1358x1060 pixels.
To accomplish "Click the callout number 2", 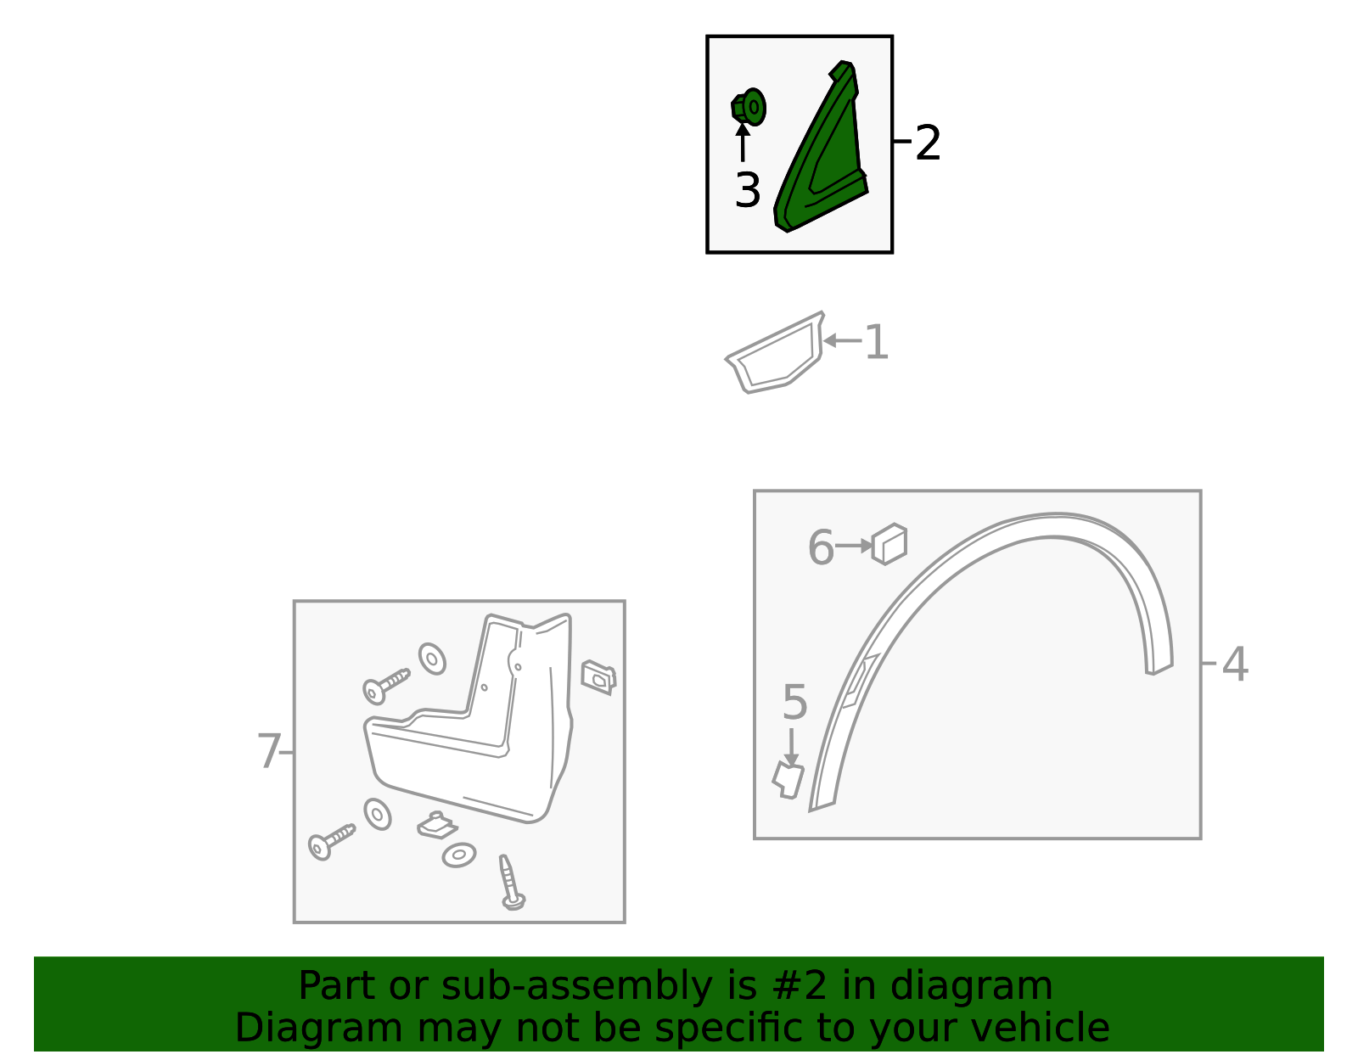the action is (928, 143).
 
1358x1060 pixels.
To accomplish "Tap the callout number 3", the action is (748, 190).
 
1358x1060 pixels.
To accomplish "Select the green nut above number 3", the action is (749, 107).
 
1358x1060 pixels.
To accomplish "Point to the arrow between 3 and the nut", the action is (743, 143).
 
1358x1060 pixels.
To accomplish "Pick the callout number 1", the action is (876, 342).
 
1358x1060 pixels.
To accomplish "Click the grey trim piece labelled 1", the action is (775, 353).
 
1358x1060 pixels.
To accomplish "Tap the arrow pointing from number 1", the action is (843, 340).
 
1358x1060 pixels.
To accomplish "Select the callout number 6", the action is (821, 547).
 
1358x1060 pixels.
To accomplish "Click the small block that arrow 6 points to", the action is (889, 543).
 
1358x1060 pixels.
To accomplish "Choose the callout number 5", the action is (795, 702).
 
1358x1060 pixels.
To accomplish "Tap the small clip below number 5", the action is (788, 780).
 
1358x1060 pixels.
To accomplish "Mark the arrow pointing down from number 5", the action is (791, 747).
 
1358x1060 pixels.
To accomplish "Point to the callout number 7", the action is (269, 750).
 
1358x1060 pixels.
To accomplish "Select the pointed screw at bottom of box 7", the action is (511, 883).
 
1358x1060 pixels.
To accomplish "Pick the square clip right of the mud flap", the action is (598, 677).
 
